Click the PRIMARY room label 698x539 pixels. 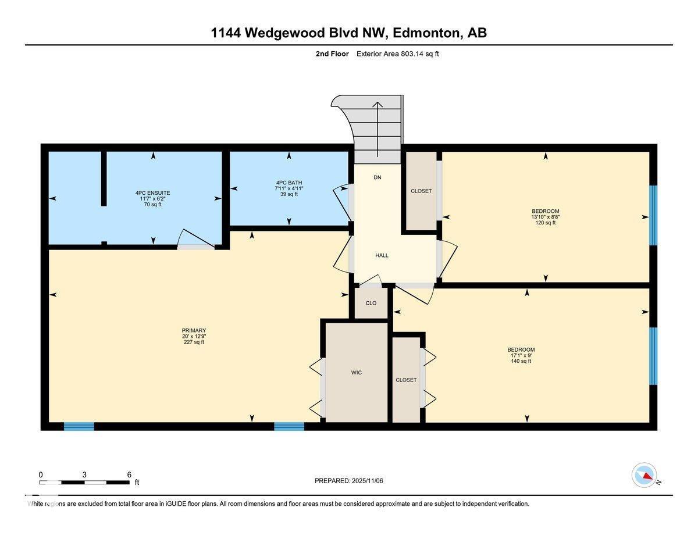(x=194, y=330)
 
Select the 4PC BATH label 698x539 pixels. (x=289, y=182)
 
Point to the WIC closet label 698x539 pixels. (x=357, y=373)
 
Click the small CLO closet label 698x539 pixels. (x=371, y=303)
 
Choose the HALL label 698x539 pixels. (x=382, y=255)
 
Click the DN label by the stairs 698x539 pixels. (x=378, y=177)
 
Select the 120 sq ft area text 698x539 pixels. (x=546, y=223)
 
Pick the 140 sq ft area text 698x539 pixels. (x=521, y=361)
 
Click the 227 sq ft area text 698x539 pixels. (x=194, y=342)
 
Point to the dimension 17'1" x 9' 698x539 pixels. (x=521, y=355)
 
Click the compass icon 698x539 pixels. (x=644, y=475)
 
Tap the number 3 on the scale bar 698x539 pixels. (x=84, y=474)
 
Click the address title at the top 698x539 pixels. (x=348, y=33)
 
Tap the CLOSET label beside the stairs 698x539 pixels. (x=421, y=191)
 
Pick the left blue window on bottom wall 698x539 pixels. (x=79, y=426)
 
